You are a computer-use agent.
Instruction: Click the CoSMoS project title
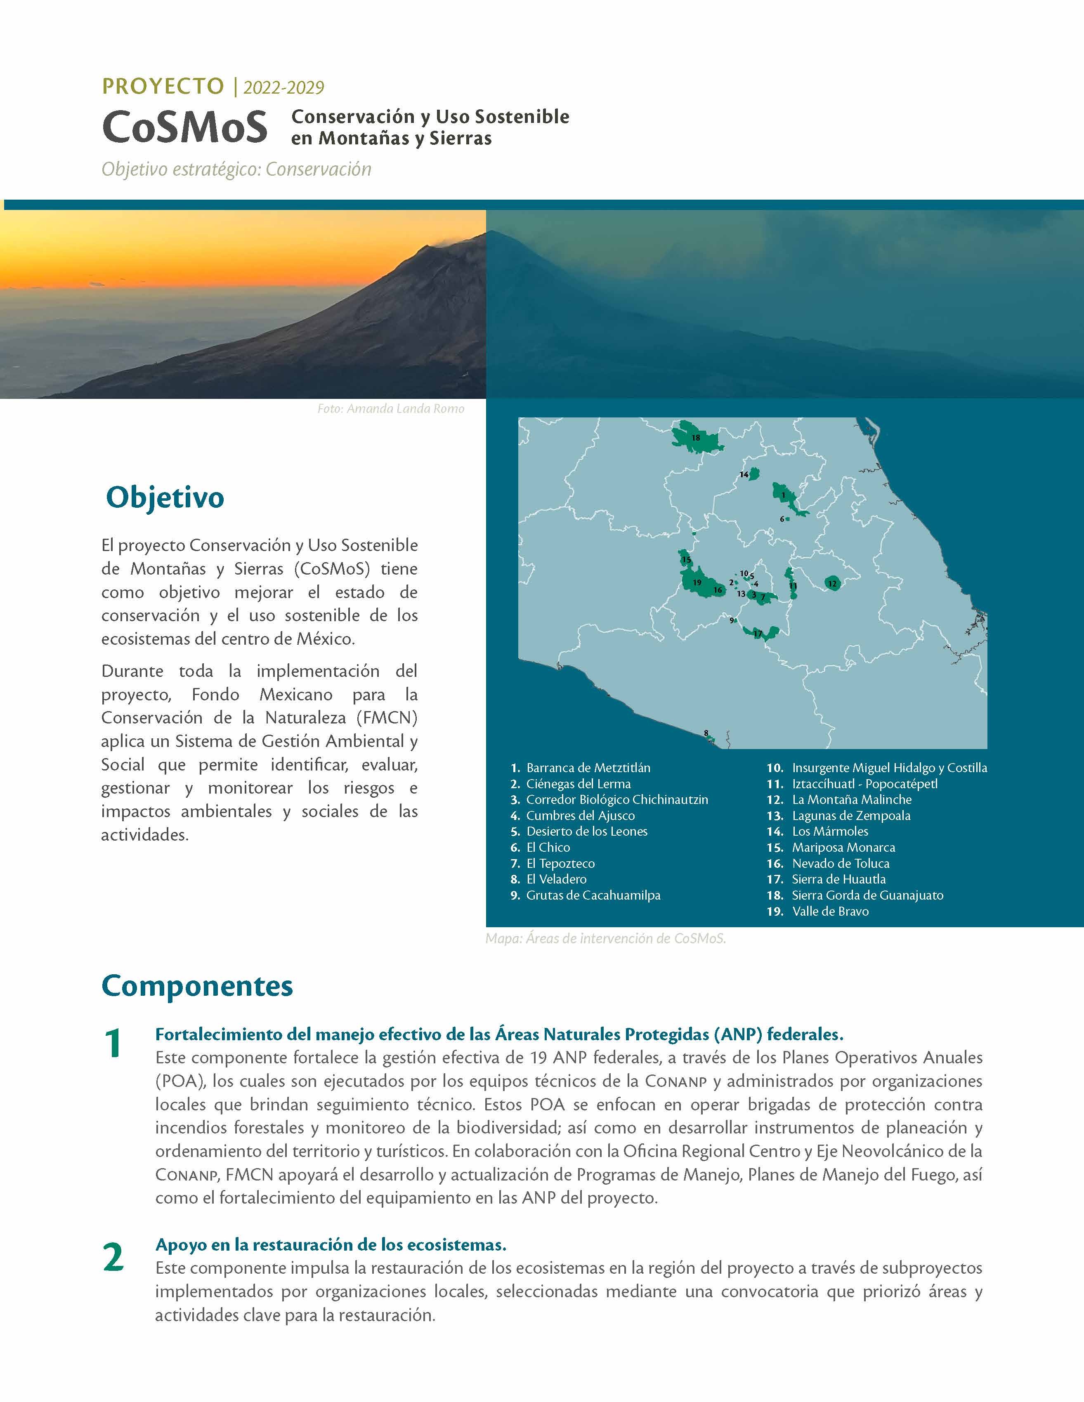[184, 127]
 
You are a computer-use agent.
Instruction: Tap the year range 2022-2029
[283, 87]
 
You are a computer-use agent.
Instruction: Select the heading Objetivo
[165, 497]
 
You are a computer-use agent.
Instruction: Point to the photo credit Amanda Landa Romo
[390, 409]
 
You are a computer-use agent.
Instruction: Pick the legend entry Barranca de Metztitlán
[588, 768]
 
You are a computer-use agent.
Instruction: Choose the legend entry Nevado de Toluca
[840, 863]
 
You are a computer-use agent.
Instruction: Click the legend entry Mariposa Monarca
[843, 847]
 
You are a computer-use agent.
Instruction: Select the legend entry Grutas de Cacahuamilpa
[593, 895]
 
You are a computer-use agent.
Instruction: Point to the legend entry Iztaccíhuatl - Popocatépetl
[864, 784]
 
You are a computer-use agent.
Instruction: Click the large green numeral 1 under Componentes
[113, 1044]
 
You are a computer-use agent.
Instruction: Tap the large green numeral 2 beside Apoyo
[113, 1257]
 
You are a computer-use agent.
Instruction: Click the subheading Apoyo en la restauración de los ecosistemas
[331, 1245]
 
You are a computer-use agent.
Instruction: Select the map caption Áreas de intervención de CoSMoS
[606, 938]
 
